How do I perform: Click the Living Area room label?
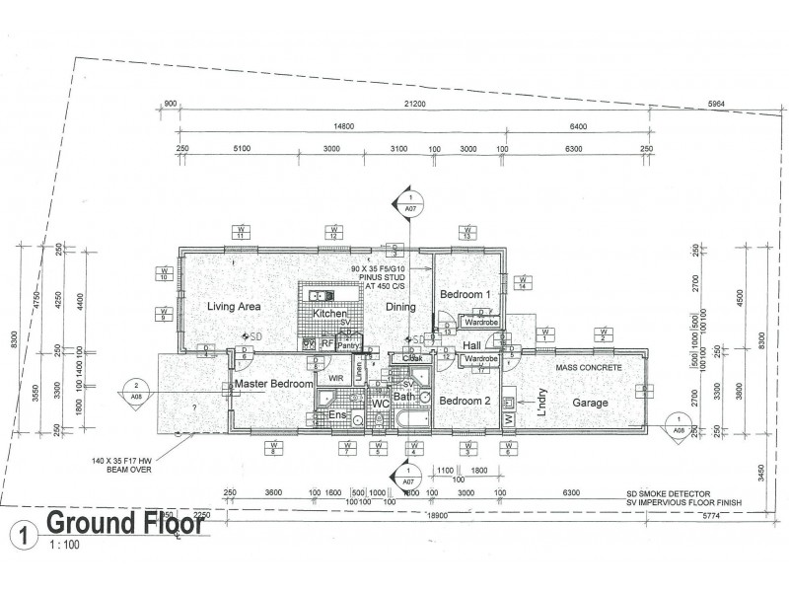[233, 307]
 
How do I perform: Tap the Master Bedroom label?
[273, 383]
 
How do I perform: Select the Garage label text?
[592, 403]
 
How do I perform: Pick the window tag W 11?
[239, 232]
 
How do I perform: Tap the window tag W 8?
[271, 449]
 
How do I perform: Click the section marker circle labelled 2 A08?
[135, 392]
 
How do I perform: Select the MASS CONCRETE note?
[589, 367]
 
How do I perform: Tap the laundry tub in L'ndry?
[510, 404]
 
